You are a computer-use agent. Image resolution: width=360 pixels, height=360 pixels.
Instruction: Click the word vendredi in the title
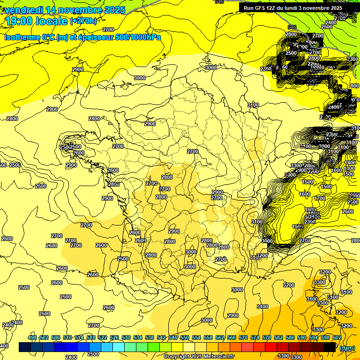(x=22, y=10)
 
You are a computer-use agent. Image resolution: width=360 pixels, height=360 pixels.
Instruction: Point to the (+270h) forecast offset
(x=83, y=21)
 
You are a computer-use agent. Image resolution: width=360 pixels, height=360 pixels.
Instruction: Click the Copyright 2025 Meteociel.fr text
(x=199, y=357)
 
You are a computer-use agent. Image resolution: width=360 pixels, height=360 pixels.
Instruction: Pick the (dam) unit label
(x=347, y=348)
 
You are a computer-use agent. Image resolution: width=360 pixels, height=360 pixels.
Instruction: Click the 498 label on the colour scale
(x=32, y=337)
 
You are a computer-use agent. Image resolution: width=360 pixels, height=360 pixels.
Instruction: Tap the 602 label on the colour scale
(x=337, y=337)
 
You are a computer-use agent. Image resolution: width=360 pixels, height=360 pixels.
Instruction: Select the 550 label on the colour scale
(x=185, y=337)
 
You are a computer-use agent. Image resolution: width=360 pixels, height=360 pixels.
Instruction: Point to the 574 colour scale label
(x=255, y=337)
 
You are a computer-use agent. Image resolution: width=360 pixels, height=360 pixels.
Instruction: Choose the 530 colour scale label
(x=126, y=337)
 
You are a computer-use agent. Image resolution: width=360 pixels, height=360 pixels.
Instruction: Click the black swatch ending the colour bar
(x=330, y=347)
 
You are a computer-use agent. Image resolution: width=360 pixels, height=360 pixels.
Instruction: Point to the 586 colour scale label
(x=290, y=337)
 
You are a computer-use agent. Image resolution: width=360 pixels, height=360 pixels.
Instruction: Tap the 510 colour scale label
(x=67, y=337)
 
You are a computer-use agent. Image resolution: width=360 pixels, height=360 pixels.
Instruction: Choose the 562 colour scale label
(x=220, y=337)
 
